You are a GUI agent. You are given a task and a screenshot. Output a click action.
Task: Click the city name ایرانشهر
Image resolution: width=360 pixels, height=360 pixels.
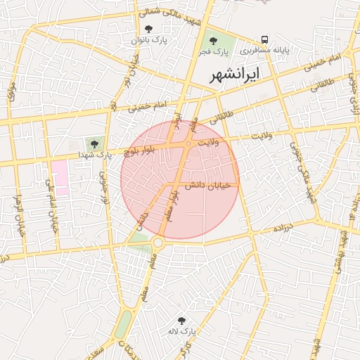click(x=235, y=73)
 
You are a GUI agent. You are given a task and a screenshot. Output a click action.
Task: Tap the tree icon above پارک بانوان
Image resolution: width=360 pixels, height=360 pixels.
click(x=148, y=29)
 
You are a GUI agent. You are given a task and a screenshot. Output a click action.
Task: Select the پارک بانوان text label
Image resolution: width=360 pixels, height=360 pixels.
click(x=148, y=41)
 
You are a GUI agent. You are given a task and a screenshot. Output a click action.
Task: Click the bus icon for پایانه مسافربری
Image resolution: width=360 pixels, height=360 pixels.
click(x=264, y=39)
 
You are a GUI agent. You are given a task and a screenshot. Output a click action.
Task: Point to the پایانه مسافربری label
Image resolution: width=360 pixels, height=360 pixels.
click(x=266, y=51)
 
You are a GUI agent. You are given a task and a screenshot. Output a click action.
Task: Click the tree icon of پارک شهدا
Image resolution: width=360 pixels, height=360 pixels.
click(x=94, y=143)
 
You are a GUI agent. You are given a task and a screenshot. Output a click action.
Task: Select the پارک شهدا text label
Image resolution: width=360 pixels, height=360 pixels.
click(x=94, y=155)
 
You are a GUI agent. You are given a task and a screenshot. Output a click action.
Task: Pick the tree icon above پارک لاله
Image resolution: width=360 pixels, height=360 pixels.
click(x=182, y=320)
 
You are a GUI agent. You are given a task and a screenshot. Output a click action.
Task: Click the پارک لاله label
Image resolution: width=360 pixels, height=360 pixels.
click(x=181, y=330)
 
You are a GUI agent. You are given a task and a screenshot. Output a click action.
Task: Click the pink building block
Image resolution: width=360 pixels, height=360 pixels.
click(x=59, y=177)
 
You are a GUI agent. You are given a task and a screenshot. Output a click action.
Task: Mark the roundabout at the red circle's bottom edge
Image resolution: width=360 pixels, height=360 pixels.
click(x=157, y=243)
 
